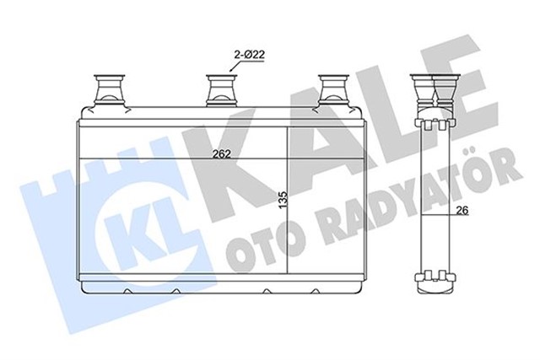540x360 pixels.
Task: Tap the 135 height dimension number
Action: pos(283,201)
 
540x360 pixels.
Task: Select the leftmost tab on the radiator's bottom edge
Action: pos(127,292)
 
